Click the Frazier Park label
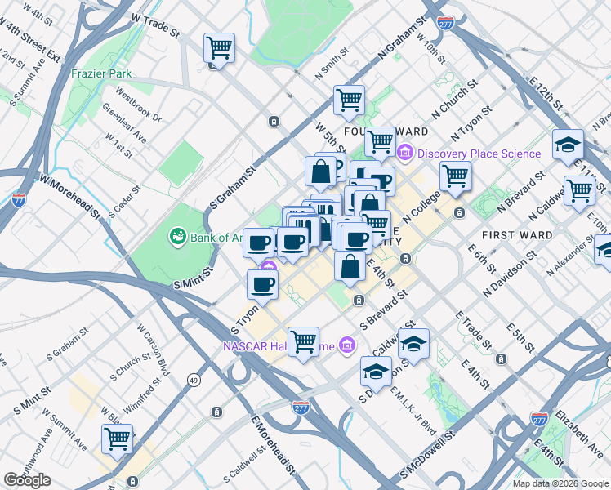coord(101,73)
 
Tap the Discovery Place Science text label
coord(479,154)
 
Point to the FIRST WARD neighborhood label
coord(515,235)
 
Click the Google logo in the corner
coord(28,480)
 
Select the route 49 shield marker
coord(194,380)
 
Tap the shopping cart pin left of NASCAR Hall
coord(303,341)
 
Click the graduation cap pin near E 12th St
coord(568,144)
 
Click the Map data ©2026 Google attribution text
coord(560,483)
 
